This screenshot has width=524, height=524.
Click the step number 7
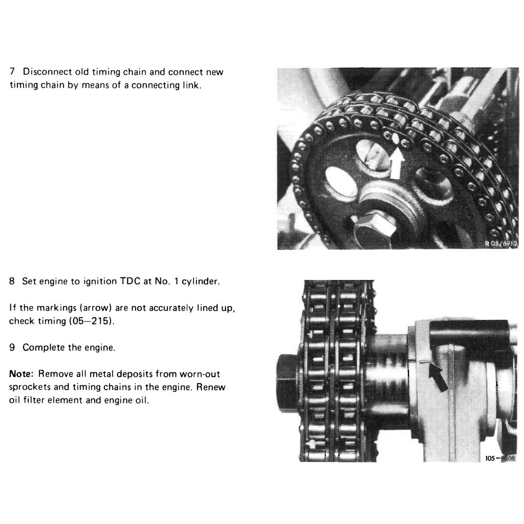pos(13,72)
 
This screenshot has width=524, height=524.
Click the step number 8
pos(13,281)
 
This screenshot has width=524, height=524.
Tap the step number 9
pos(13,347)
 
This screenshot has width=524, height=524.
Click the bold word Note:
pos(21,374)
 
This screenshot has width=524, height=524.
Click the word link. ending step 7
pos(191,85)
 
